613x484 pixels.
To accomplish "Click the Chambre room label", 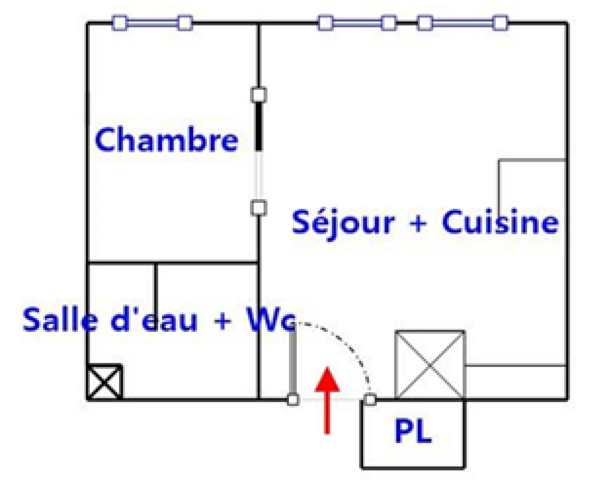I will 166,140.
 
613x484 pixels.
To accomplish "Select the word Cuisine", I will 500,222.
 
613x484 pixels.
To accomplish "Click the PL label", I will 413,431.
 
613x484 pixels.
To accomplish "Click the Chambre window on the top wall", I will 152,23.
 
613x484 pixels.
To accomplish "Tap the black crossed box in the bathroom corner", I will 104,381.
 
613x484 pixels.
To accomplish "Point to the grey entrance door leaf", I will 293,360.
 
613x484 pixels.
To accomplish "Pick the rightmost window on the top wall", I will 462,23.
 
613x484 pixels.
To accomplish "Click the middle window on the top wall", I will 357,23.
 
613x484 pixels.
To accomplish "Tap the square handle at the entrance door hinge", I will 293,400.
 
